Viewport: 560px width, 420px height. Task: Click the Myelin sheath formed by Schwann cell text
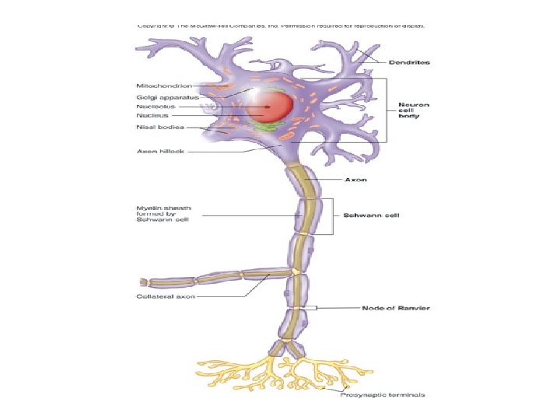click(x=163, y=214)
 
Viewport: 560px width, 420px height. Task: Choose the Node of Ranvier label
click(x=396, y=308)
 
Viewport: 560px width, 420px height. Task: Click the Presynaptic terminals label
click(x=382, y=396)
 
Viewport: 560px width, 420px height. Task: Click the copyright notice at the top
click(x=281, y=26)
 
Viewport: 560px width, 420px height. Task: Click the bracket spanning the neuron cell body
click(x=386, y=109)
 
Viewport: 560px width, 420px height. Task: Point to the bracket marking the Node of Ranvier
click(x=314, y=308)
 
